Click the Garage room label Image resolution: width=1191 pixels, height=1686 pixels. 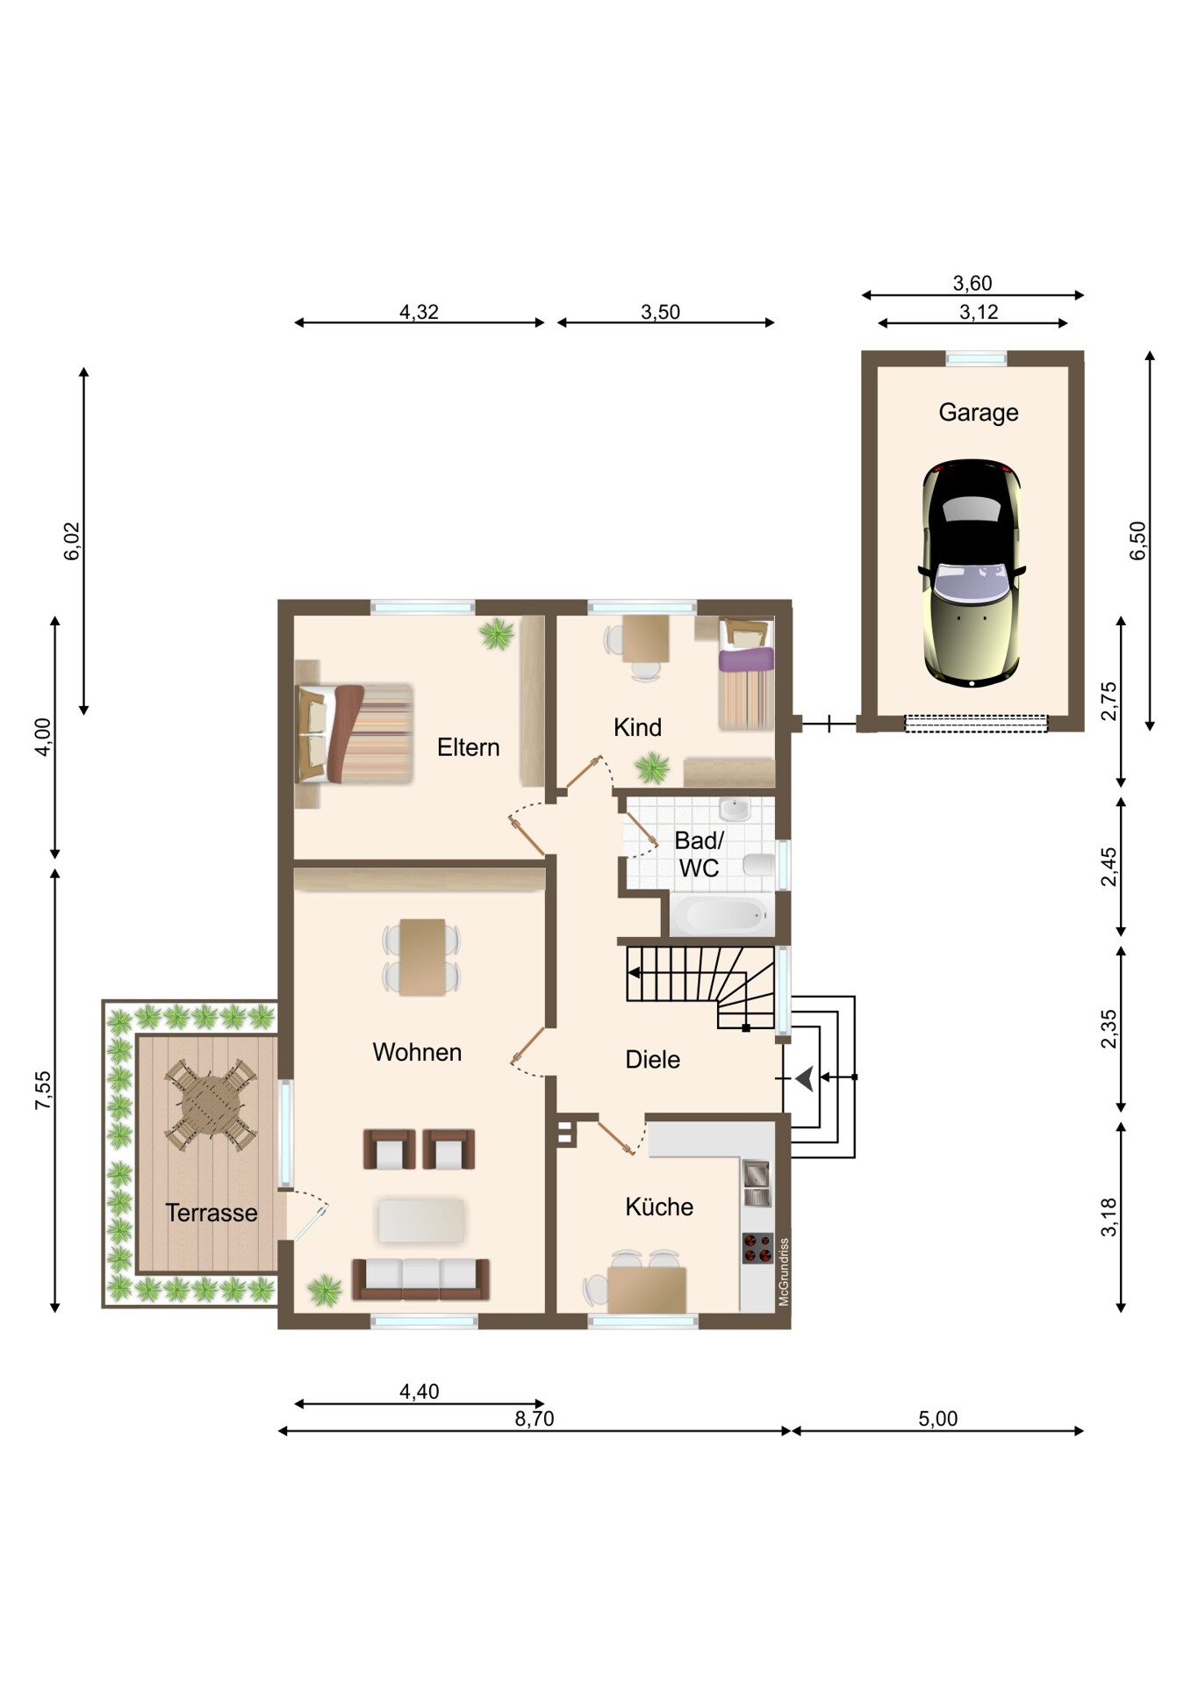978,412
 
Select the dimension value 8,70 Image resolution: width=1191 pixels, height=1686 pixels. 535,1418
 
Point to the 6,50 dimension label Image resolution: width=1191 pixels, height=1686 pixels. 1137,540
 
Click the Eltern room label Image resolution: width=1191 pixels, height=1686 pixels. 468,747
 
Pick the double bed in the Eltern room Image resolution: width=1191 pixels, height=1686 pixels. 355,734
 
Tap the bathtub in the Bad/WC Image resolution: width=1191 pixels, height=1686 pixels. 722,916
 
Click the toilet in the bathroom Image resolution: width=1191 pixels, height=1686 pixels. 759,866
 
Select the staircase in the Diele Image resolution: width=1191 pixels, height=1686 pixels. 700,986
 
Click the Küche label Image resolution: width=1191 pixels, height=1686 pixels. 659,1207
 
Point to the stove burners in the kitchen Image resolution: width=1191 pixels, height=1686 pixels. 757,1248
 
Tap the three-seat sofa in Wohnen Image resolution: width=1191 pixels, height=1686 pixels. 420,1279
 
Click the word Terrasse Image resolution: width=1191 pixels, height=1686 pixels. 212,1213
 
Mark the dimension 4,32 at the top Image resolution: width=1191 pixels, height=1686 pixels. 419,312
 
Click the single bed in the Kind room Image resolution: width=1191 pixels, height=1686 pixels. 746,674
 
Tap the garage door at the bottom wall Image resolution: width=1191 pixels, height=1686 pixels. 976,724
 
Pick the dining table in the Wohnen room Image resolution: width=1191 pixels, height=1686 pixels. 421,957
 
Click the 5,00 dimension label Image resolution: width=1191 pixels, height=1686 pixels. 937,1418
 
